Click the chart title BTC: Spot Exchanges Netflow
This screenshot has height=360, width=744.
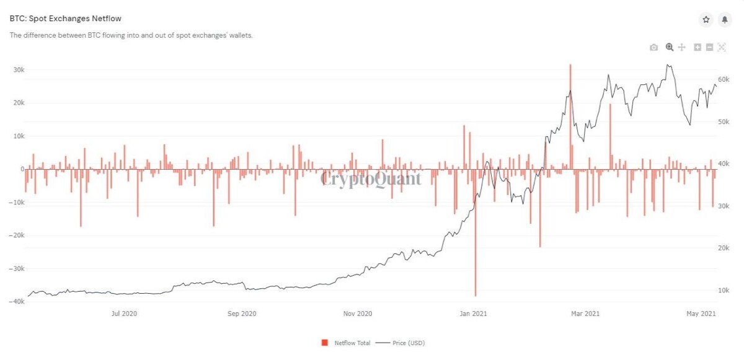(66, 19)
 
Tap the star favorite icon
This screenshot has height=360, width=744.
(706, 20)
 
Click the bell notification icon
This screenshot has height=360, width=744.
(725, 20)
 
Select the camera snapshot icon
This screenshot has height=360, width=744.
(653, 48)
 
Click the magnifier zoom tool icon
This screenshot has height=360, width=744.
(670, 47)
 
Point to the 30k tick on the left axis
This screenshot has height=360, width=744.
(19, 69)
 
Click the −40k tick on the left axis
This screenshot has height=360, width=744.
(17, 301)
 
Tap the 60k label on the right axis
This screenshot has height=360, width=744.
(724, 79)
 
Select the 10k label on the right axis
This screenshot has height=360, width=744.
(724, 291)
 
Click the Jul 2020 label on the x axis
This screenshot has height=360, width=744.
(124, 314)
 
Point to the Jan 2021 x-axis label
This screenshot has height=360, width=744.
(473, 314)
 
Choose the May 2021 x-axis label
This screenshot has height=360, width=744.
(701, 314)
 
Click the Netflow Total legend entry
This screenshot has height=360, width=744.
(346, 343)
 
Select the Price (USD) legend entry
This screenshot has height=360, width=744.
(401, 343)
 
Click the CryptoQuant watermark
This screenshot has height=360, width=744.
(371, 179)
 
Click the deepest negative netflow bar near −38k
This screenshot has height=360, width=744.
(476, 232)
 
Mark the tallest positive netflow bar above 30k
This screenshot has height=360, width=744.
(570, 116)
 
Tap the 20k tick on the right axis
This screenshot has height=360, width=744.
(724, 248)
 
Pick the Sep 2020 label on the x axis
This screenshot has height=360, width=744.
(242, 314)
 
